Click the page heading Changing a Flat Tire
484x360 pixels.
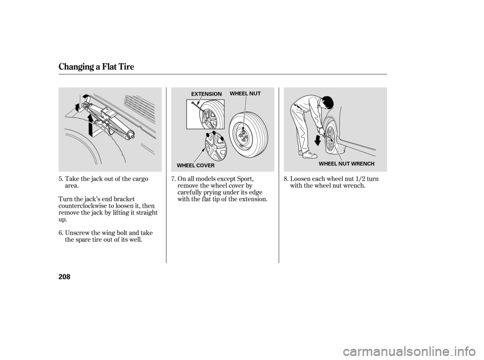[x=96, y=67]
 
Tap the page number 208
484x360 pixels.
[x=65, y=277]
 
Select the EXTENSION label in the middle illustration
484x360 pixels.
[x=206, y=94]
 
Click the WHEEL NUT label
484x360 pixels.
[x=245, y=93]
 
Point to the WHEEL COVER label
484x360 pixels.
[x=196, y=165]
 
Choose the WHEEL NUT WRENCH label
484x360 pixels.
[x=346, y=164]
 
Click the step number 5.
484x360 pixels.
[x=61, y=179]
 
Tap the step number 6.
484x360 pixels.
[x=61, y=232]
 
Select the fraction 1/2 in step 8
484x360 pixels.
[x=360, y=179]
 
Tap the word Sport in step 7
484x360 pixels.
[x=245, y=179]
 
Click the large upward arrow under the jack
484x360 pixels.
[x=90, y=125]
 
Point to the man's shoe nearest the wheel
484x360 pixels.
[x=310, y=155]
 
